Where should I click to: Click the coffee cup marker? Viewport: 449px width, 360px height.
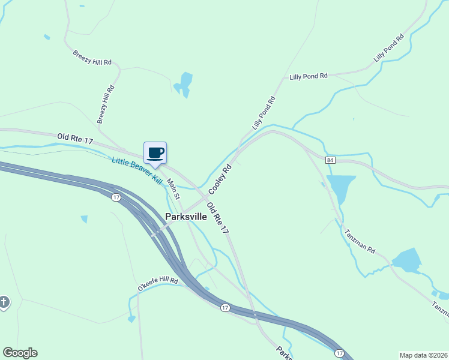tap(155, 153)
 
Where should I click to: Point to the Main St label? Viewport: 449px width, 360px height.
tap(173, 189)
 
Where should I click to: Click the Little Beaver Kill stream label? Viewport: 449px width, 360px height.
tap(137, 170)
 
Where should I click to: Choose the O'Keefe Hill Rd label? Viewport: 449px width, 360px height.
tap(158, 284)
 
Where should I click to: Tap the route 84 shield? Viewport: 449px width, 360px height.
tap(330, 160)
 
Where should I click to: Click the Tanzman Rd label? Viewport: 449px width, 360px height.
tap(360, 241)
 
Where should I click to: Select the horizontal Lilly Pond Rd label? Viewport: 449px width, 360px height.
tap(309, 77)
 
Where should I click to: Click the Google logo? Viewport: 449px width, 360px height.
tap(20, 353)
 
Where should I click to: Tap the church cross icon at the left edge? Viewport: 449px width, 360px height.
tap(4, 302)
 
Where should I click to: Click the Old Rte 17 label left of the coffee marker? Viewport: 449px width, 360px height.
tap(76, 139)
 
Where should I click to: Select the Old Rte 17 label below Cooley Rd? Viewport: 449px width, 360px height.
tap(217, 218)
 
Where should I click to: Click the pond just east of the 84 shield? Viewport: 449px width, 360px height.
tap(342, 188)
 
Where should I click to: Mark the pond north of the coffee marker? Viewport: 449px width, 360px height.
tap(185, 83)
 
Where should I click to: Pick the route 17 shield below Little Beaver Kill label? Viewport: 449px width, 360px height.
tap(116, 197)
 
